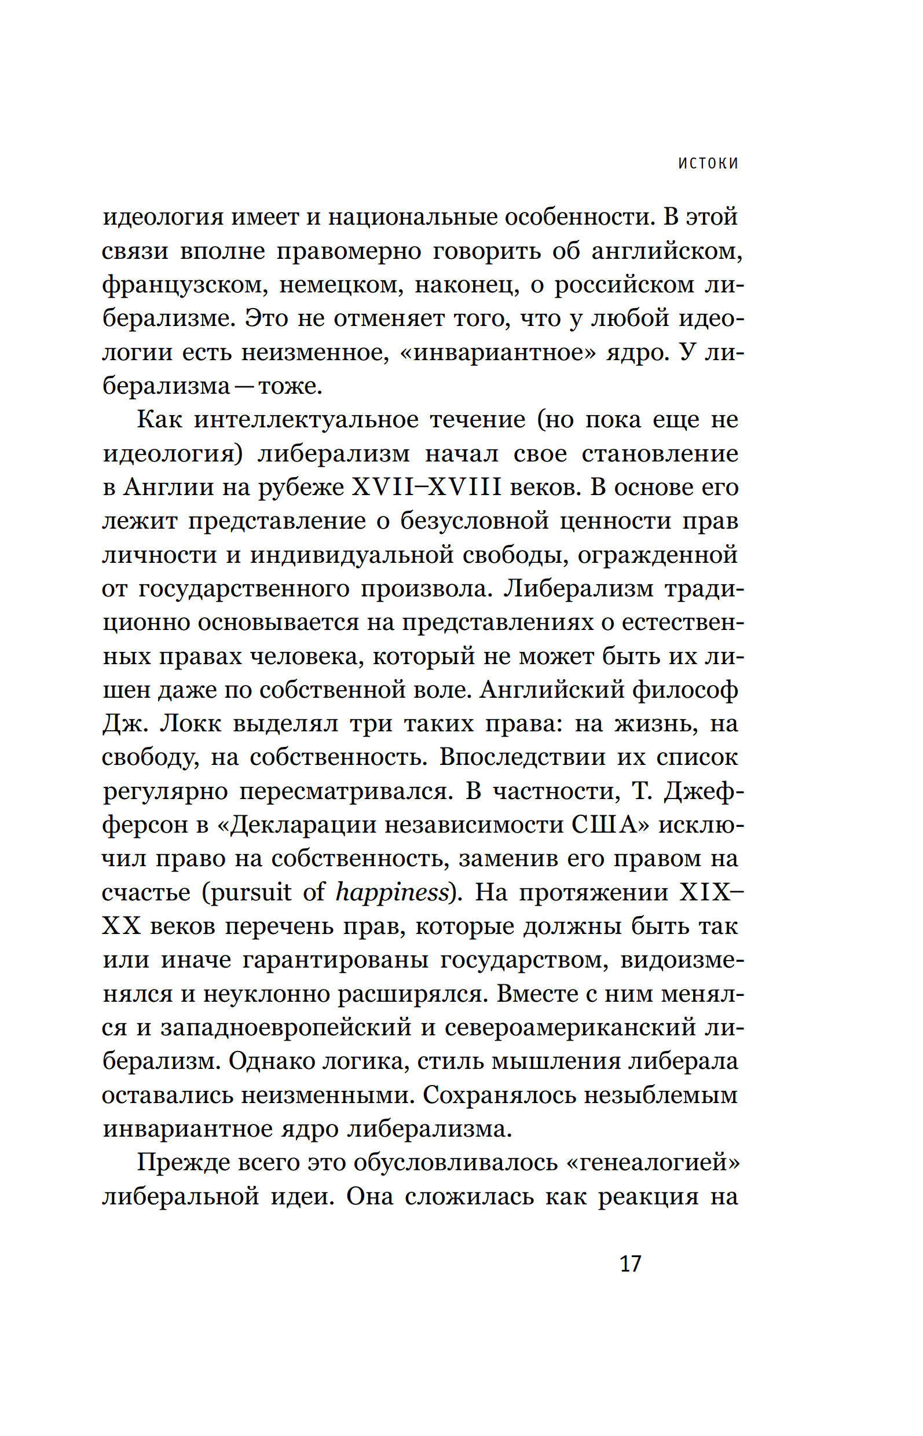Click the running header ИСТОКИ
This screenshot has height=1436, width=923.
point(708,163)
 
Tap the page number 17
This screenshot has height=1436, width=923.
point(630,1263)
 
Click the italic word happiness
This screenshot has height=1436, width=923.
point(392,893)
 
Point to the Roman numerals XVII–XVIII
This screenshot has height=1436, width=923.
point(426,488)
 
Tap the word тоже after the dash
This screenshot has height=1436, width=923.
point(290,386)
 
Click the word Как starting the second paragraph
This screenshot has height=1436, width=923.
point(159,420)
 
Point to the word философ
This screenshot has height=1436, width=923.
point(685,690)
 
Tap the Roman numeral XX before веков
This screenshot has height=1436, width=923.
point(121,926)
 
